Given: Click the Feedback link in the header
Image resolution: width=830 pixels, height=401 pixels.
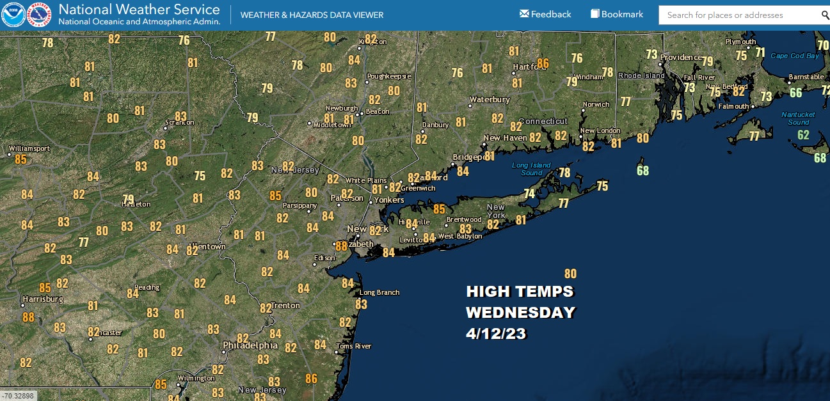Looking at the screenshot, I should tap(545, 14).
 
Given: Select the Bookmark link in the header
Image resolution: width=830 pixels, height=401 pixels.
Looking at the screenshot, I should tap(617, 14).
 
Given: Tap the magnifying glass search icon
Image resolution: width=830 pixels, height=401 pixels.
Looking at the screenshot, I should tap(825, 15).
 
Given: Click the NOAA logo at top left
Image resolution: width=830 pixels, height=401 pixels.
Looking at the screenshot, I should tap(13, 15).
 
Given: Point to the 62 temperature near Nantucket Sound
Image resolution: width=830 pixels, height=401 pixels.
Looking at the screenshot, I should tap(803, 135).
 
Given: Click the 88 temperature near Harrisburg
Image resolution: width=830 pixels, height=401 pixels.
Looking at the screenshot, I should tap(28, 317).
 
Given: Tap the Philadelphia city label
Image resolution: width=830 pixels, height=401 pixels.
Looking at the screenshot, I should tap(250, 345).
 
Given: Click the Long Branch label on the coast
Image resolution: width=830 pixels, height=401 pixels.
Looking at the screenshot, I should tap(379, 292).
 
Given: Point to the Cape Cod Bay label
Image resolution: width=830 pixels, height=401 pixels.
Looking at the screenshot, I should tap(795, 56).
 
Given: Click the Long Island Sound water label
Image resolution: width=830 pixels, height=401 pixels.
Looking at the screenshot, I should tap(531, 169).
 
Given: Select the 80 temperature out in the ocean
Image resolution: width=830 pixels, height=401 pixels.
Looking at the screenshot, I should tap(570, 274).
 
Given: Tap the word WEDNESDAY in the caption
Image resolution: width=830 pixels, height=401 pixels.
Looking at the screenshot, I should tap(520, 313).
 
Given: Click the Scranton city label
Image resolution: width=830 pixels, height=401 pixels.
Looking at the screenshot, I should tap(179, 122).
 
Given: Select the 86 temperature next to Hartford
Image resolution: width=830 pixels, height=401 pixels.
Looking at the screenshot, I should tap(543, 63).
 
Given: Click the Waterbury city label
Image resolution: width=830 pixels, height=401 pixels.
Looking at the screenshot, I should tap(490, 100).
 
